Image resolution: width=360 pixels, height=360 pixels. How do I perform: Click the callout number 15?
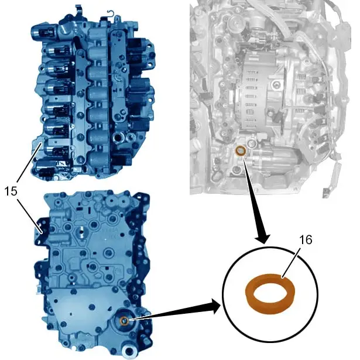[11, 191]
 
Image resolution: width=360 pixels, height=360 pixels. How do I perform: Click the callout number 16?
[306, 240]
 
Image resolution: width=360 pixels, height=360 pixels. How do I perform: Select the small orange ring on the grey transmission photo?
[241, 151]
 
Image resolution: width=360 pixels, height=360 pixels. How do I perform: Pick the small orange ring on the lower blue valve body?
[124, 321]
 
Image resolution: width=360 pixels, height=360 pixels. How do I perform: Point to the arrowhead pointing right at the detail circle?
[214, 306]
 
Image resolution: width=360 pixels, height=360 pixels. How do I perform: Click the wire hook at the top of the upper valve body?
[111, 14]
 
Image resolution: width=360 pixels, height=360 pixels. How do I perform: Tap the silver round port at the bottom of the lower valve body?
[131, 351]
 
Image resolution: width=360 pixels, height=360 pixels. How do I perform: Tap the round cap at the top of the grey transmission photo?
[236, 23]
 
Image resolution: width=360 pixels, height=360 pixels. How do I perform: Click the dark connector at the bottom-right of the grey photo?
[326, 193]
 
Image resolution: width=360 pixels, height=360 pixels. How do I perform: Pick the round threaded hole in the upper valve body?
[118, 138]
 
